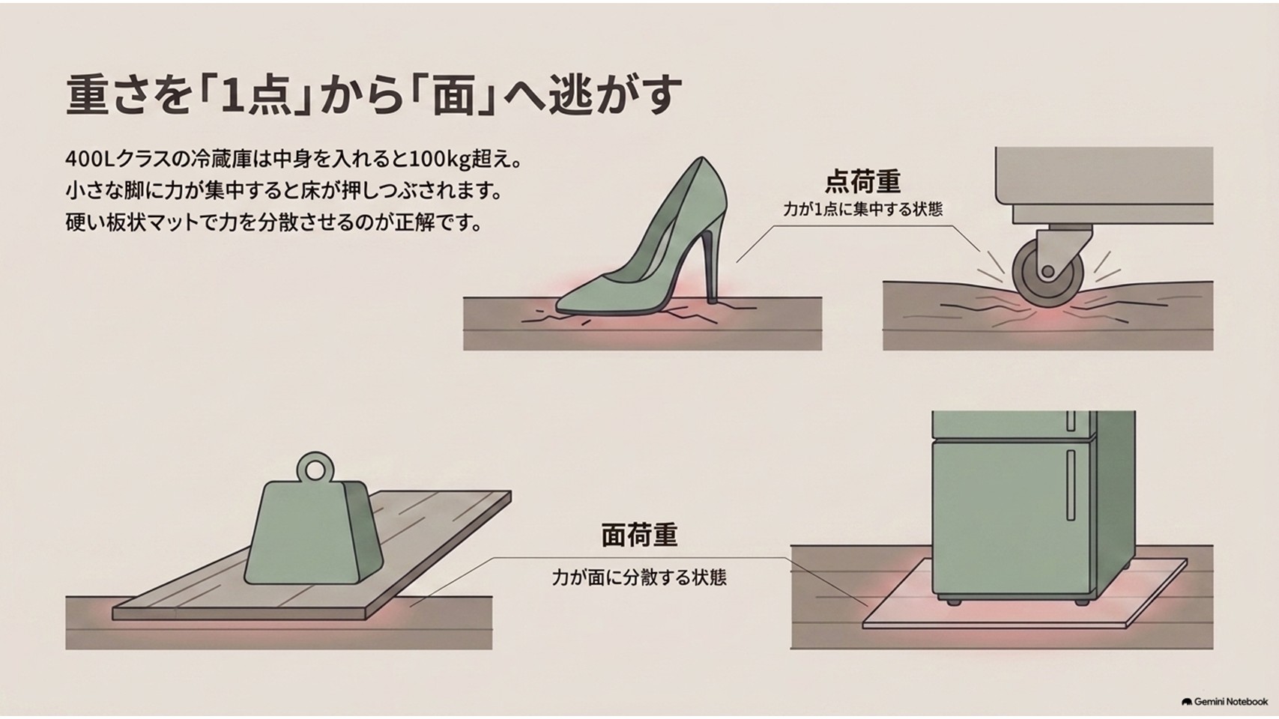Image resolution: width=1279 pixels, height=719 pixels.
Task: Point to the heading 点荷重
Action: click(862, 181)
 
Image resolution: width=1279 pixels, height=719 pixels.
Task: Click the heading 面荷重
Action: click(640, 536)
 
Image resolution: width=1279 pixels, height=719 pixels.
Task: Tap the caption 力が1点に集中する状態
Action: click(862, 210)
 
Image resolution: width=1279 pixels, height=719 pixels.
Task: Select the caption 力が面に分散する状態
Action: click(639, 577)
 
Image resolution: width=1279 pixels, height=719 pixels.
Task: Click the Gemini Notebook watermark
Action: click(1224, 701)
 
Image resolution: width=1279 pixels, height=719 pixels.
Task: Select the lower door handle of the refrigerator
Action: click(1071, 485)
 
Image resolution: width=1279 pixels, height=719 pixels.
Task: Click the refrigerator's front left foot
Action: click(952, 601)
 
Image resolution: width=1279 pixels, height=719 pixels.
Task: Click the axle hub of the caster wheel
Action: click(1047, 271)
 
